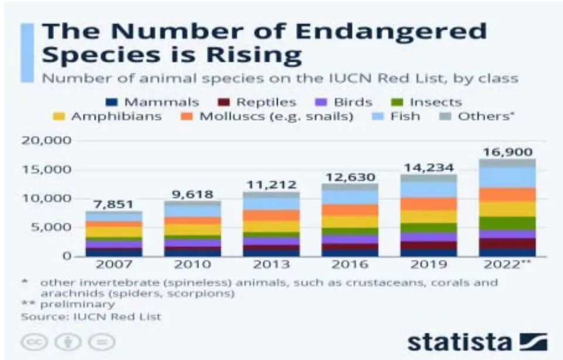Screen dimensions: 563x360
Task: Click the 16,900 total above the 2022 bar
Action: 507,152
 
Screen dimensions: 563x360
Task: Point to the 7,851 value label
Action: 113,204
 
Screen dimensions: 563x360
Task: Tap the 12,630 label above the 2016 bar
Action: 350,177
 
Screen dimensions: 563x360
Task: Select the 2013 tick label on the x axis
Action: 271,264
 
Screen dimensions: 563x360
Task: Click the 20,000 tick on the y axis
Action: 47,140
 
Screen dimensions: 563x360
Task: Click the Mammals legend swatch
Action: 111,102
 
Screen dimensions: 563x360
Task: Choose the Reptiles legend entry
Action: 257,102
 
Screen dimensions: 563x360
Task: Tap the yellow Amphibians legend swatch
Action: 59,116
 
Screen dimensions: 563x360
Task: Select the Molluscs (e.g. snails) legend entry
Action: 267,116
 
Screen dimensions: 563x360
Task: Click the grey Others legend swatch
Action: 446,116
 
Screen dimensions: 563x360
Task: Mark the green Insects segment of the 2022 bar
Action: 507,223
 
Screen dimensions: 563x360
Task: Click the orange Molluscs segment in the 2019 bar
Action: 429,203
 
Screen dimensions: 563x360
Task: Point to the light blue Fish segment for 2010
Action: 192,211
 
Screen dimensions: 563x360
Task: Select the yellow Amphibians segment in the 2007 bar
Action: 114,232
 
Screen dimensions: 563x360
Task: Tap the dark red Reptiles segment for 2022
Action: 507,244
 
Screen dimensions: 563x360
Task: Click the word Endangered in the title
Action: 391,31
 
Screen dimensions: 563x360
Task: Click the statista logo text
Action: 459,342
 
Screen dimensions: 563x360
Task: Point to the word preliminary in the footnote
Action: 77,304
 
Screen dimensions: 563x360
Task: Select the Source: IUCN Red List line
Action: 91,317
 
